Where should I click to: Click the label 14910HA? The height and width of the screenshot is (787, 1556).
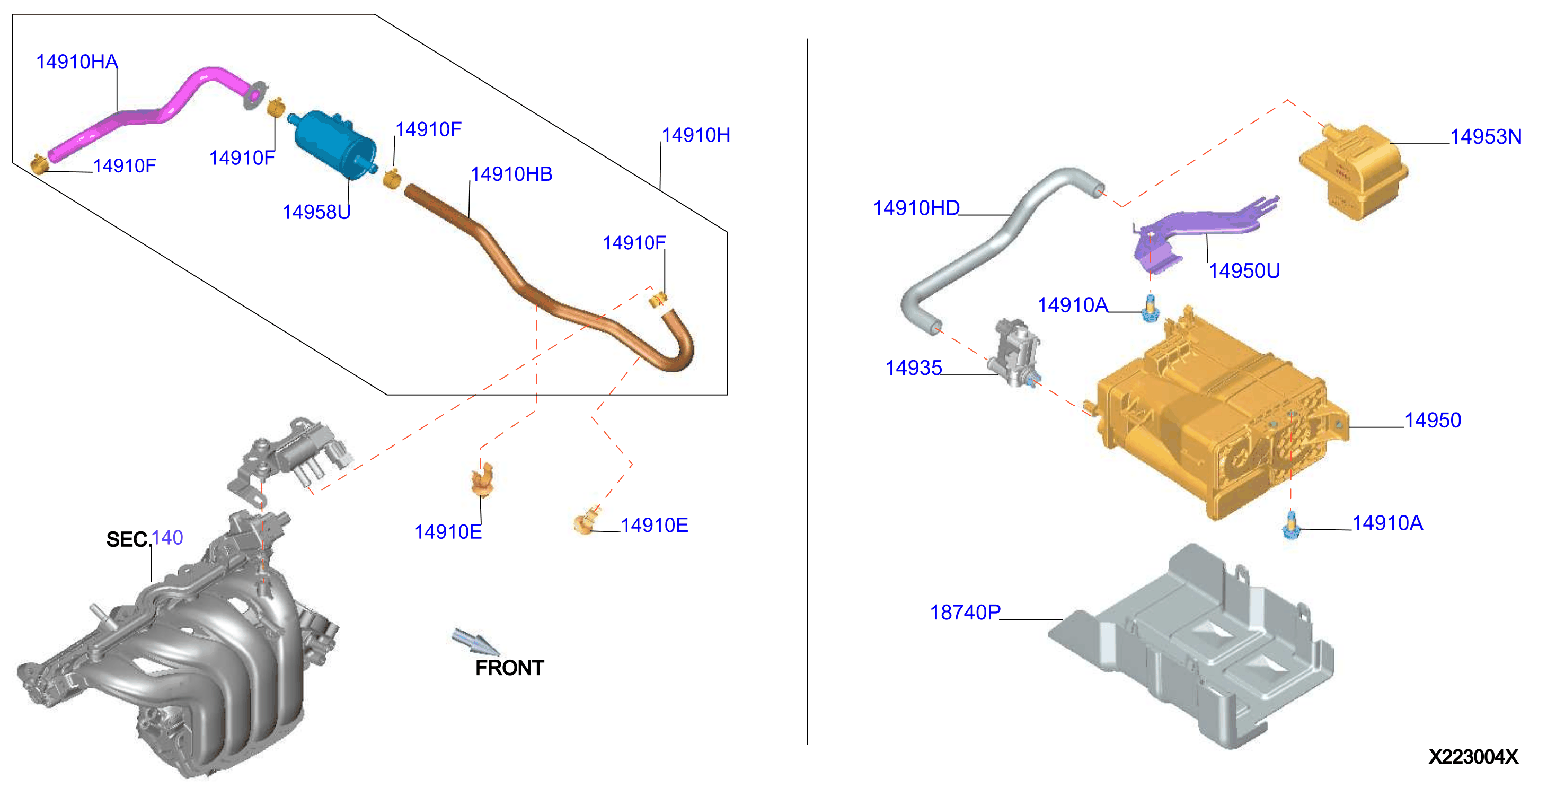pyautogui.click(x=77, y=62)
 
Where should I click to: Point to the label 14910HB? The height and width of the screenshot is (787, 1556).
pyautogui.click(x=511, y=174)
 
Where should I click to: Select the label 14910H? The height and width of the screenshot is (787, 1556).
pyautogui.click(x=696, y=135)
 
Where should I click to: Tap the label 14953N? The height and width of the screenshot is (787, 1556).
pyautogui.click(x=1486, y=137)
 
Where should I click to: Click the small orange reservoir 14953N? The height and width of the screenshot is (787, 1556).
pyautogui.click(x=1353, y=172)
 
